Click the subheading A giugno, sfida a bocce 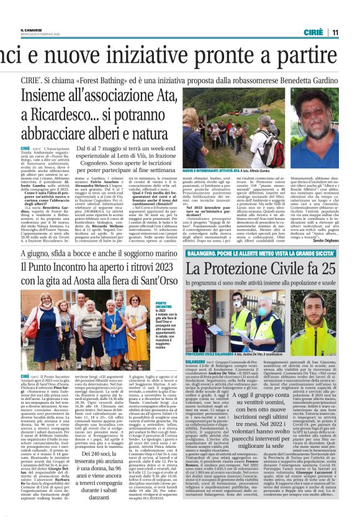point(90,254)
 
